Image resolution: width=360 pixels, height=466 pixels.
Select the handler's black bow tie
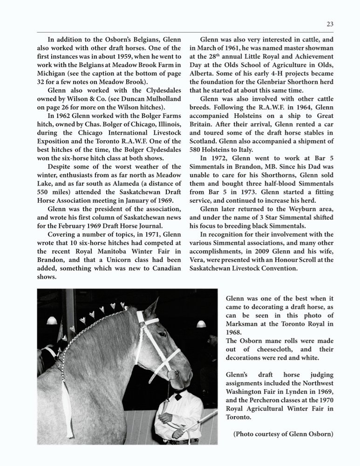[177, 397]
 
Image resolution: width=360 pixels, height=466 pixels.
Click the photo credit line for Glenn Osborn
[283, 434]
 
